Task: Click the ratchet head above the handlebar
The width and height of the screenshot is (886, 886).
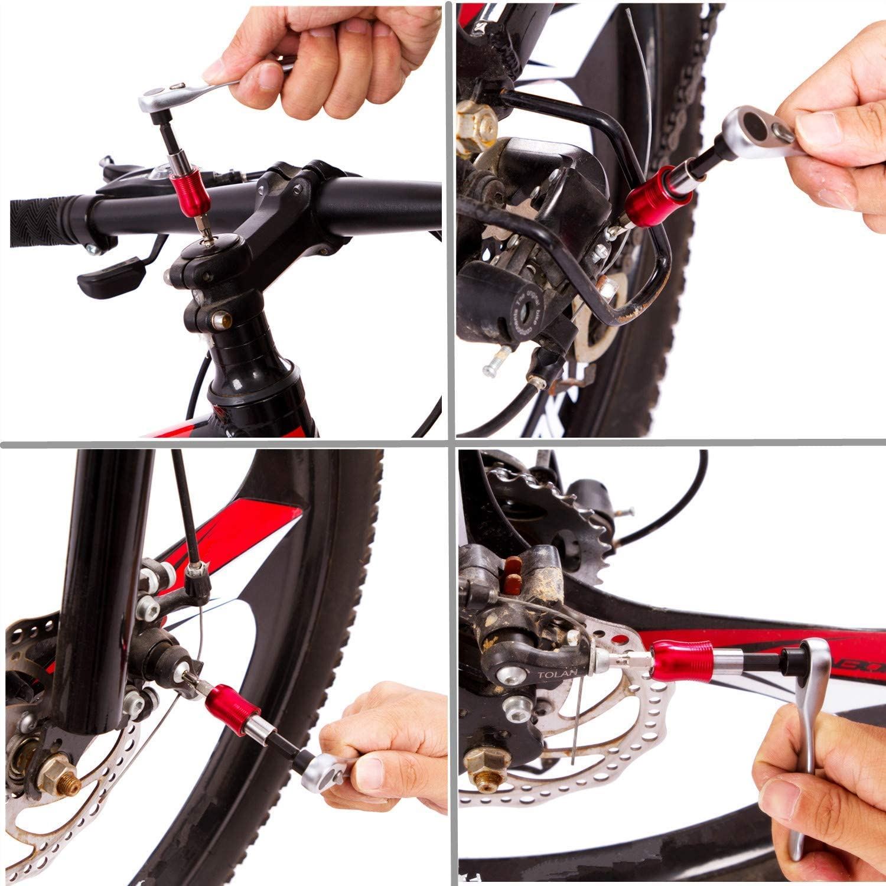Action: click(158, 97)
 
